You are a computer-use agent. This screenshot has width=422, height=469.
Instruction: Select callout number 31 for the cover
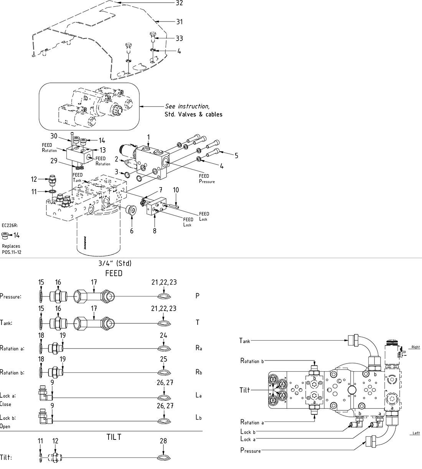click(x=179, y=22)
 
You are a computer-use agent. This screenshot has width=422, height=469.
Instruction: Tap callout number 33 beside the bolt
click(x=179, y=38)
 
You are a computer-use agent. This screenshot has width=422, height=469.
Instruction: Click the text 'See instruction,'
click(x=187, y=106)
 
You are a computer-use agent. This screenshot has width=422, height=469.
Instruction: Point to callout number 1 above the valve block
click(x=148, y=137)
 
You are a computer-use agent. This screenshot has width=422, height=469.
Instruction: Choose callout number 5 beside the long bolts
click(x=236, y=155)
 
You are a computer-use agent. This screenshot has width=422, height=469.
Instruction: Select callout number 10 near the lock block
click(x=176, y=190)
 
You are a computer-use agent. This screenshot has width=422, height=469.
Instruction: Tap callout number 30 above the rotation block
click(x=54, y=137)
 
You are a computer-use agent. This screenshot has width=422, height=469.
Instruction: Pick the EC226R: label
click(x=10, y=226)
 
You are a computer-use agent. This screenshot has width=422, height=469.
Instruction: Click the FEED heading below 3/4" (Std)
click(x=114, y=273)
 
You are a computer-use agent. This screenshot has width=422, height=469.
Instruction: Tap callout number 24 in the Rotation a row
click(x=164, y=335)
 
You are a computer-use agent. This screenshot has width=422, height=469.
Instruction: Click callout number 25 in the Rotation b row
click(x=164, y=359)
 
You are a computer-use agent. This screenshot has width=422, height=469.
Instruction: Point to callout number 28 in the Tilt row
click(x=164, y=441)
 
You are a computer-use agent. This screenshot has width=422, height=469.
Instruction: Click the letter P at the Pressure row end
click(x=198, y=296)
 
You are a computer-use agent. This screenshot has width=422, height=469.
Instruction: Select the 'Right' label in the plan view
click(x=415, y=347)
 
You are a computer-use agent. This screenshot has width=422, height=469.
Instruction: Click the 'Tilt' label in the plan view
click(x=244, y=390)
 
